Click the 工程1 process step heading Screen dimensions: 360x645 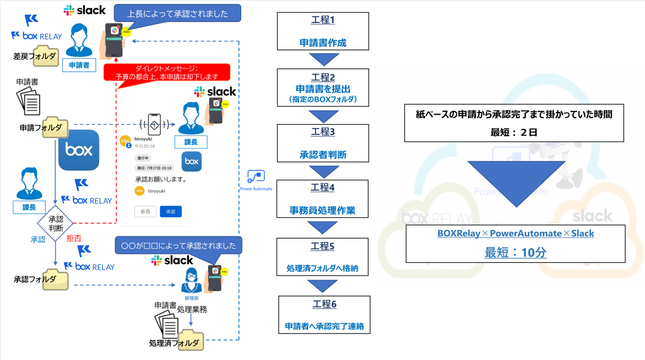pos(323,20)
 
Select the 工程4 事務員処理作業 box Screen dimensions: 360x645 pos(322,199)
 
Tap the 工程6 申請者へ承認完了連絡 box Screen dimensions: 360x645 pos(324,315)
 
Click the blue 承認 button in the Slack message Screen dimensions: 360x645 pos(170,211)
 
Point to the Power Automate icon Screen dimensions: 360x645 pos(256,176)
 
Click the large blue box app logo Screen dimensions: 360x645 pos(79,150)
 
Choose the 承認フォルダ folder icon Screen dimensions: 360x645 pos(57,279)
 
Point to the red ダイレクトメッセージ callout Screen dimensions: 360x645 pos(168,72)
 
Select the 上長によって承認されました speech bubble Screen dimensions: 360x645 pos(177,13)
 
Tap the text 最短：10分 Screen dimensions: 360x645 pos(515,253)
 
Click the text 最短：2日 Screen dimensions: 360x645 pos(515,132)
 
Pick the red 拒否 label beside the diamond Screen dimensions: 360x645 pos(74,238)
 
